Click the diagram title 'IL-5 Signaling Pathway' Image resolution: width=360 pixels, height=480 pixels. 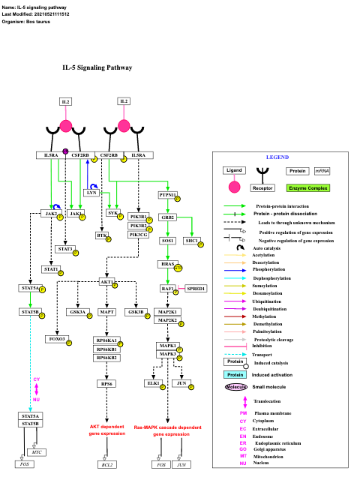click(97, 67)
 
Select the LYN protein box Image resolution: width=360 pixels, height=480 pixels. click(91, 193)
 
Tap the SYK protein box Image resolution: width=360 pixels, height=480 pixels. click(113, 214)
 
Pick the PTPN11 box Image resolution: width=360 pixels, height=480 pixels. click(167, 195)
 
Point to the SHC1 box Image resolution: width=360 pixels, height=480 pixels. click(192, 241)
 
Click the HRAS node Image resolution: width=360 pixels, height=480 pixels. click(167, 265)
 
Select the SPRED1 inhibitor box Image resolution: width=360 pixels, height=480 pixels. click(196, 289)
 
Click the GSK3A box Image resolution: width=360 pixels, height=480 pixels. click(78, 311)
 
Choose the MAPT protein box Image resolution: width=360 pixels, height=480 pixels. click(106, 311)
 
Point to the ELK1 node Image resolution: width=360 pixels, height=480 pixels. click(154, 383)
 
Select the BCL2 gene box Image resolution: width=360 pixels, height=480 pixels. click(106, 465)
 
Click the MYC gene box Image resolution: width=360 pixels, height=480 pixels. click(37, 452)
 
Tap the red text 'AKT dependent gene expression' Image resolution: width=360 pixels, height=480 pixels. click(107, 430)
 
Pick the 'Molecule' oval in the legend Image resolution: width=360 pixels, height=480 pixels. click(237, 386)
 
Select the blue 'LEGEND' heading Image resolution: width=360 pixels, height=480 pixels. click(277, 157)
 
